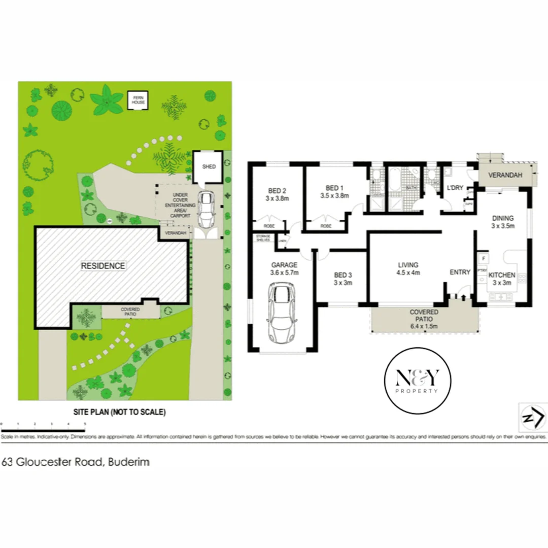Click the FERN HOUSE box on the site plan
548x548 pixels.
pos(139,100)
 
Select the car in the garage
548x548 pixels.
pos(282,312)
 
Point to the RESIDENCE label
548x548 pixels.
pos(104,265)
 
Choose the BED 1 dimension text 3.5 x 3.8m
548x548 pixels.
pos(334,195)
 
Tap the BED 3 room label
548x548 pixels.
pos(343,275)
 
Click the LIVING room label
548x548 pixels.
pos(408,265)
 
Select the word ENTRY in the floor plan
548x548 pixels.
pos(460,272)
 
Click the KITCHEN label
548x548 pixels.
pos(502,275)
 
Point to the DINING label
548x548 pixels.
pos(503,219)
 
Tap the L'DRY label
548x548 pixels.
pos(455,188)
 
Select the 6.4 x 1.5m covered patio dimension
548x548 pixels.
pos(424,326)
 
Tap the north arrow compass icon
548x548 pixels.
pos(532,418)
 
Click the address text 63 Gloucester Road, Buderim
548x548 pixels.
pos(76,462)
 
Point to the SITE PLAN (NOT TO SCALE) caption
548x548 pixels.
pos(117,412)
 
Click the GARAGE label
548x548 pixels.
pos(284,265)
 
